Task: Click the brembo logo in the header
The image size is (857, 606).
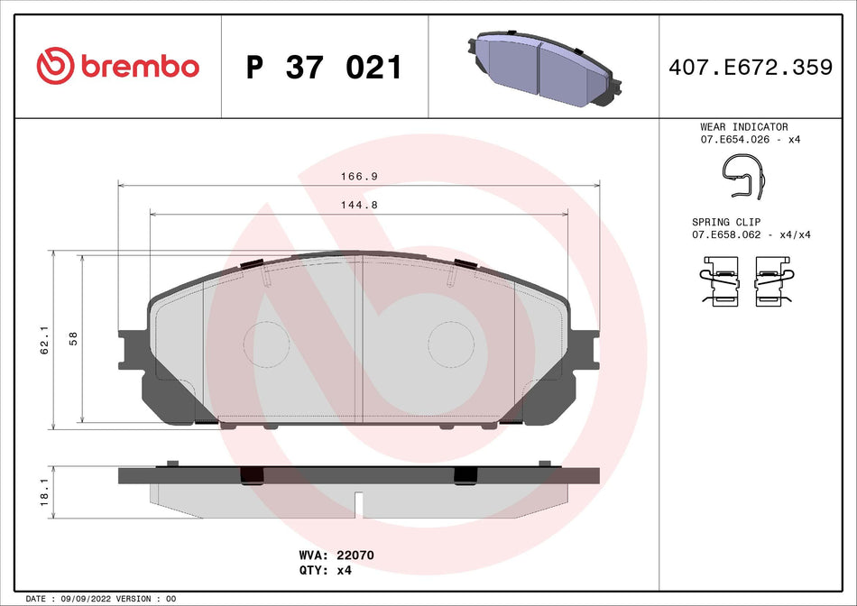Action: pyautogui.click(x=117, y=66)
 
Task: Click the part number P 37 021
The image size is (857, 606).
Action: pyautogui.click(x=324, y=68)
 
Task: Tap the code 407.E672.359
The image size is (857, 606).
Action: pyautogui.click(x=748, y=67)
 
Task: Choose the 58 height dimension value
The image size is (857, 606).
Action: pyautogui.click(x=73, y=339)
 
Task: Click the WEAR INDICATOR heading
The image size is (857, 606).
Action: pyautogui.click(x=743, y=127)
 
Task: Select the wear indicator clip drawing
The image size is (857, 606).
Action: pyautogui.click(x=745, y=175)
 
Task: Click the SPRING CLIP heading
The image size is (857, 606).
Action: pyautogui.click(x=726, y=222)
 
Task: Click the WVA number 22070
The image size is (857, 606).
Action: pyautogui.click(x=355, y=556)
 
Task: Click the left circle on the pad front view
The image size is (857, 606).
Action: pyautogui.click(x=268, y=344)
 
